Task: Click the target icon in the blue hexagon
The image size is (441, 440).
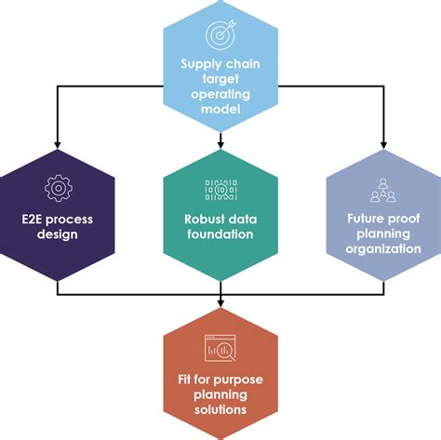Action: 220,35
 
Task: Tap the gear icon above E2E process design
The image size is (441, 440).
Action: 57,189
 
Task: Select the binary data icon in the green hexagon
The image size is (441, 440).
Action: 220,190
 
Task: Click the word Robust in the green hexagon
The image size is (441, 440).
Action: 197,220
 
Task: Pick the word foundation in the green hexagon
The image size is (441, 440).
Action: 220,234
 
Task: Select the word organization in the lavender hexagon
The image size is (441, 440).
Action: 381,249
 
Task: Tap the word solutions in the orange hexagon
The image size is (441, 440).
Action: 220,410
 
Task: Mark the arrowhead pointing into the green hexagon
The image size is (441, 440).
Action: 220,144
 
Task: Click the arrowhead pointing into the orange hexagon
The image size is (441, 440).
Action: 220,305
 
